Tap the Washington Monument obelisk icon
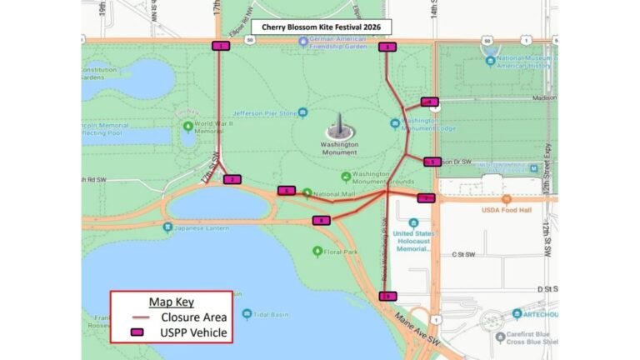[x=338, y=127]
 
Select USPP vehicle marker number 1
[x=221, y=47]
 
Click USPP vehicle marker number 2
[x=232, y=179]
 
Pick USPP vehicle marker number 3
[x=387, y=47]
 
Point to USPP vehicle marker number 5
[x=432, y=162]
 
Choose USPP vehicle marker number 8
[x=321, y=220]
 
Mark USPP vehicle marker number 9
[x=387, y=296]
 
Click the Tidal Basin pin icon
[x=247, y=314]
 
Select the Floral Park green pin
[x=317, y=251]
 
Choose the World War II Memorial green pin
[x=188, y=127]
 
